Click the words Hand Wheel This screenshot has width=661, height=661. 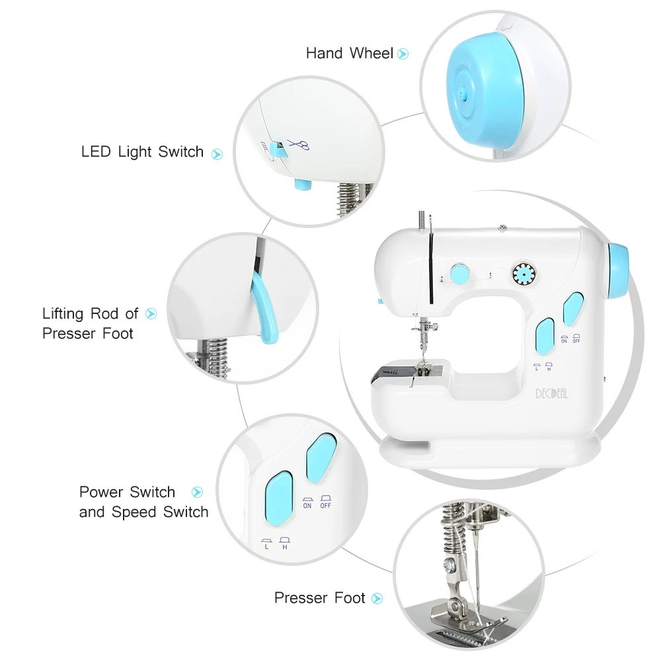coord(349,54)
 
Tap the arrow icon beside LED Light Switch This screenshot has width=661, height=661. coord(217,154)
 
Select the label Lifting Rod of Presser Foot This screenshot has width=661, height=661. coord(91,323)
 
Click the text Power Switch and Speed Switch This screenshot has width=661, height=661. coord(143,502)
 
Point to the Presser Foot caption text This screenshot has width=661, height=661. coord(320,598)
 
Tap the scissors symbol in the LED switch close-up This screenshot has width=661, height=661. coord(301,145)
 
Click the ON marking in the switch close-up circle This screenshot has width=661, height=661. coord(307,506)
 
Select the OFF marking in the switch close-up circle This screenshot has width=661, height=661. coord(325,506)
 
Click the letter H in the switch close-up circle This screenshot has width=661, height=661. coord(285,547)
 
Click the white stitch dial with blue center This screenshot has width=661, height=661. coord(522,272)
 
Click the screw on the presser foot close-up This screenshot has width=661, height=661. coord(449,565)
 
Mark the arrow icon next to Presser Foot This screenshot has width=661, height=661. coord(377,599)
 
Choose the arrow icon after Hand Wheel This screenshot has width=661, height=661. coord(403,54)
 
